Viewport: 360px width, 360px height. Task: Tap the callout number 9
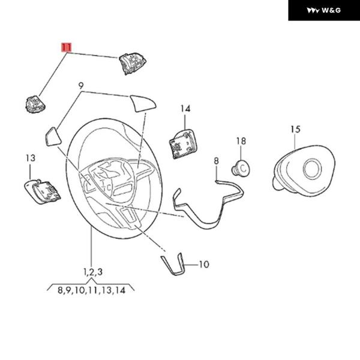tap(80, 87)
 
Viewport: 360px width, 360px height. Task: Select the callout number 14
tap(185, 109)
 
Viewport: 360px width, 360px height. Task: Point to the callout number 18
tap(241, 141)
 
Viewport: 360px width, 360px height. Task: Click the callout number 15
tap(295, 129)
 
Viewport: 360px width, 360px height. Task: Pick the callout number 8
tap(216, 161)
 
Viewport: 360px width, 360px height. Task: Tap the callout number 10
tap(203, 264)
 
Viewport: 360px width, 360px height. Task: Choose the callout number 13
tap(31, 158)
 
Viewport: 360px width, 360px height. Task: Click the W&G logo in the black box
tap(323, 10)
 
